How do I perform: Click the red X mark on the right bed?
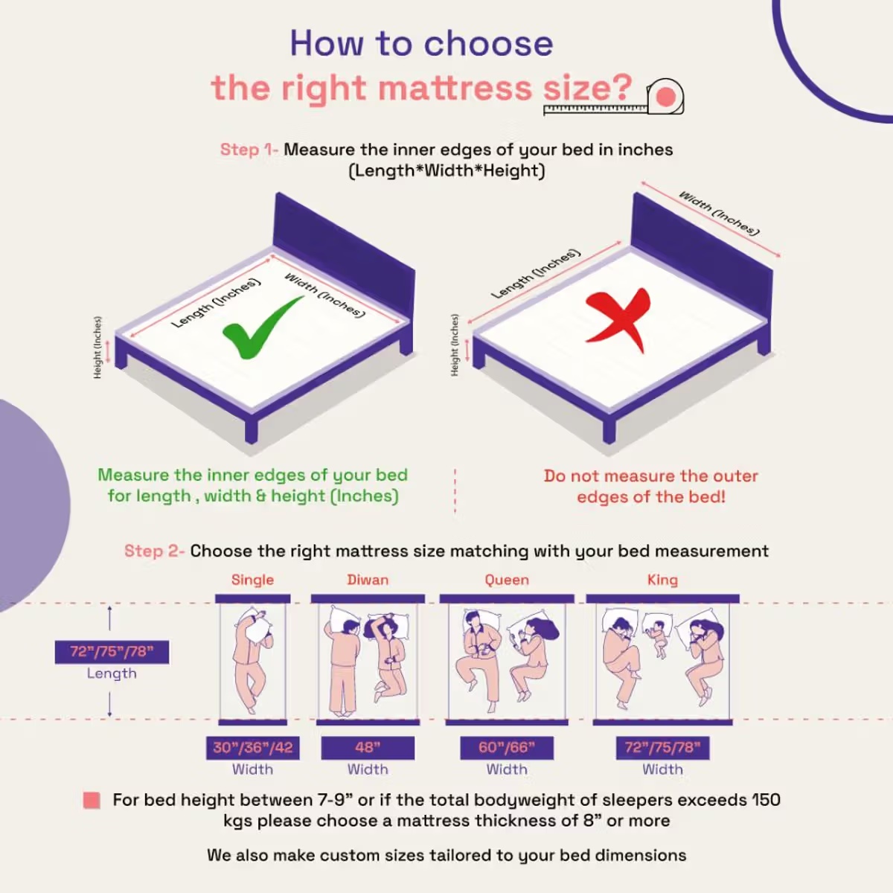point(618,319)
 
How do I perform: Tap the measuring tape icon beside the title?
point(664,97)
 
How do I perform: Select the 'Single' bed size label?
point(252,580)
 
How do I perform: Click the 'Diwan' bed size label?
point(368,580)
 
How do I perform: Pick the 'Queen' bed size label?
point(507,580)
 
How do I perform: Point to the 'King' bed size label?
point(662,580)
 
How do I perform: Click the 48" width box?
point(368,748)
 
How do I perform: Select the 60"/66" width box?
point(506,748)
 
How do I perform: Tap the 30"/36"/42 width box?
point(253,748)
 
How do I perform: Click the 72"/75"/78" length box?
point(112,652)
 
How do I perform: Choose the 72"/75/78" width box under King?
point(662,748)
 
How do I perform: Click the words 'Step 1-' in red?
point(249,150)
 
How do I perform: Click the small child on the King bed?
point(658,637)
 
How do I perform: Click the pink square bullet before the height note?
point(92,801)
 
